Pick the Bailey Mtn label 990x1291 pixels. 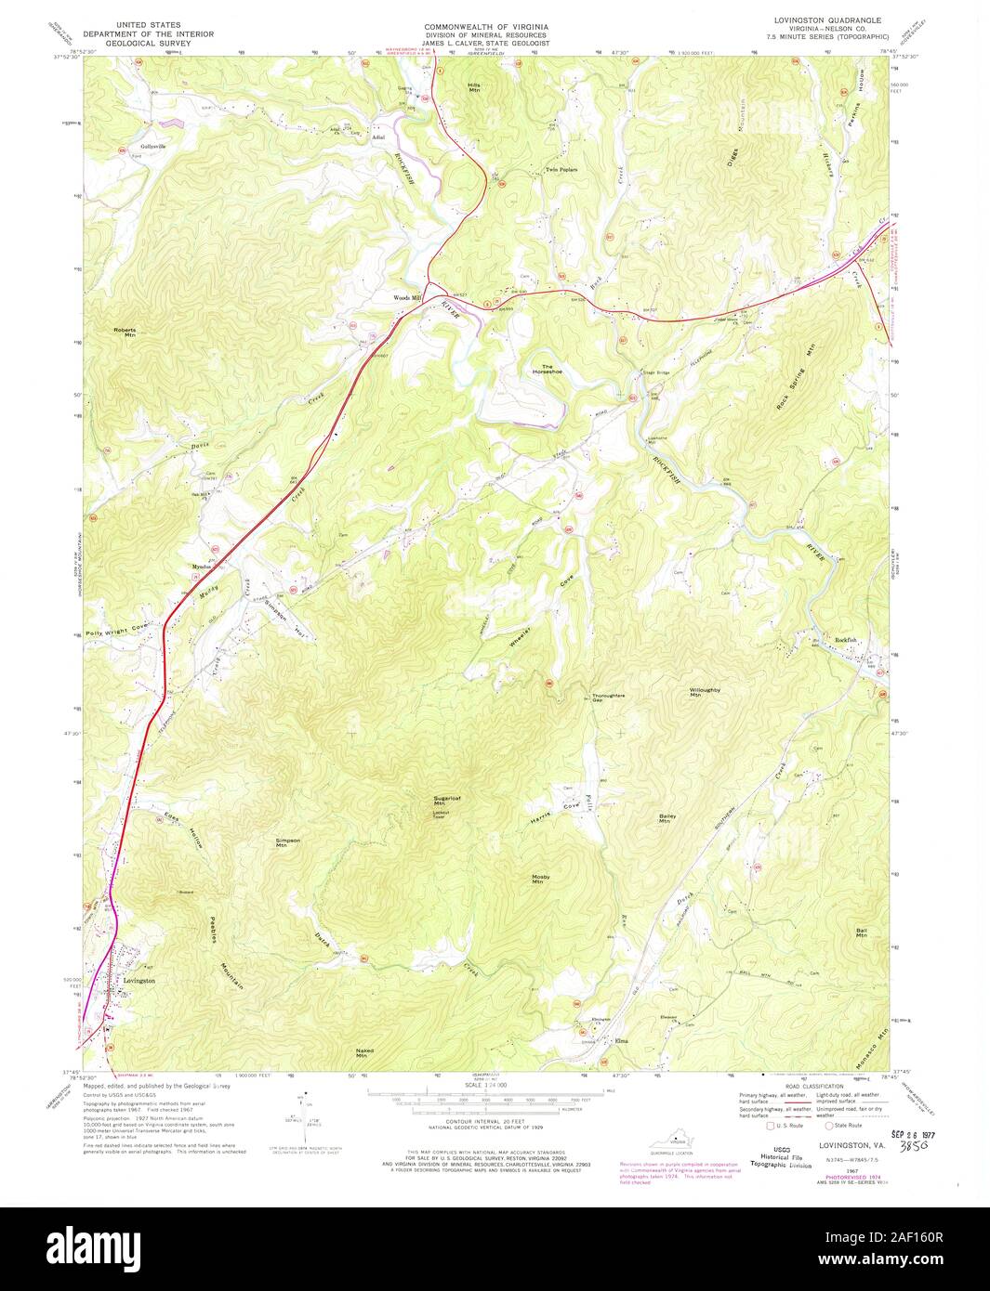coord(665,818)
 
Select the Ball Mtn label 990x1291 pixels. coord(861,932)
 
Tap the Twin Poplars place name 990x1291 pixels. coord(561,170)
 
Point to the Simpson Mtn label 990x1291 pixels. coord(288,842)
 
